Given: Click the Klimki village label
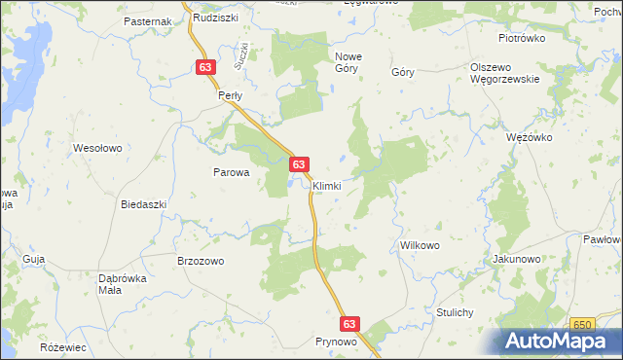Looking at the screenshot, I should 326,185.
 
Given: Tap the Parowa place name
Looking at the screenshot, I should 232,172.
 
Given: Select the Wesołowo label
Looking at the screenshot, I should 97,148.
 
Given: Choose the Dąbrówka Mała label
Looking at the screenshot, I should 123,283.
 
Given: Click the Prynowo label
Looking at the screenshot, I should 337,342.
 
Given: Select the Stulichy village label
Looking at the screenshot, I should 455,312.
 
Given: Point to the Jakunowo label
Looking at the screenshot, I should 516,260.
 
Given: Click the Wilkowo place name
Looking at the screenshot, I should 421,245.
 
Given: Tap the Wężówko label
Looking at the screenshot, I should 530,137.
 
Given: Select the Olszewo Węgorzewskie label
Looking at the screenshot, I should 504,73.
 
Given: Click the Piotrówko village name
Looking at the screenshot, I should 522,38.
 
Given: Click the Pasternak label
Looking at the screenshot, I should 148,20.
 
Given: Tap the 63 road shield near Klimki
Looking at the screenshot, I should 300,165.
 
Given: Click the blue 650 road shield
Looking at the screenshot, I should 583,324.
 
